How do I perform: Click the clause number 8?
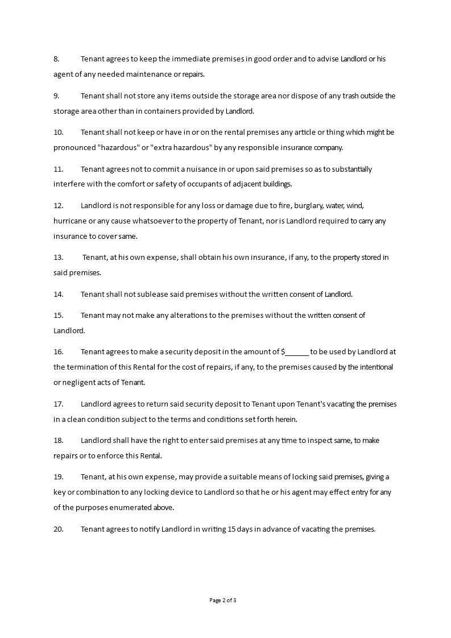click(56, 59)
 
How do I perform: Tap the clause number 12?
click(58, 205)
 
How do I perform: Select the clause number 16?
click(58, 351)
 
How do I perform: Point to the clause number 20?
click(58, 529)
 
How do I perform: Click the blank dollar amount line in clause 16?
click(297, 351)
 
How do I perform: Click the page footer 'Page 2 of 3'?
click(223, 600)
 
